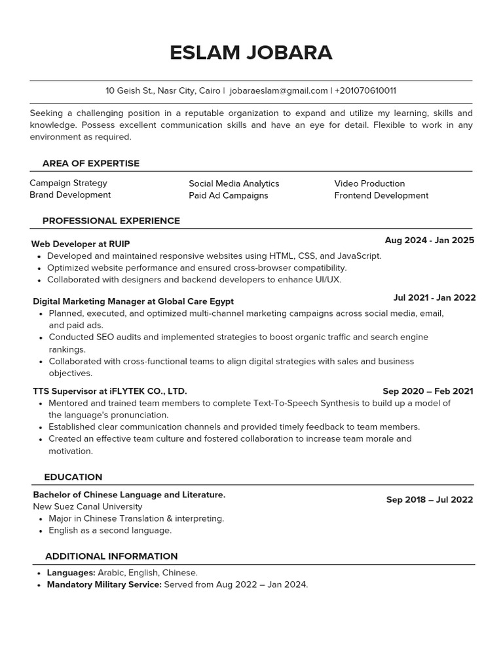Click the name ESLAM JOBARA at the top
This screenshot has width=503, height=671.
point(251,52)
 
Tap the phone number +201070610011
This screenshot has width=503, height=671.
point(365,90)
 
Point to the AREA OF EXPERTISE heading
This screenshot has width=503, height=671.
point(91,163)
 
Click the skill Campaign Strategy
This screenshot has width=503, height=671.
point(68,183)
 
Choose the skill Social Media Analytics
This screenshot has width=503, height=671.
point(234,183)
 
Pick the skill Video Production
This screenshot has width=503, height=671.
point(369,183)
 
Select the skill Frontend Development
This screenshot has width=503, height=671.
point(381,195)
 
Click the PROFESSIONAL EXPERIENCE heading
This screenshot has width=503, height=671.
point(111,221)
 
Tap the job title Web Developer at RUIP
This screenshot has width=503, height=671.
point(77,244)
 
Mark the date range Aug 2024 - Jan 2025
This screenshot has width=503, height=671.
point(429,240)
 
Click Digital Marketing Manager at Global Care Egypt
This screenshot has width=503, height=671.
point(133,301)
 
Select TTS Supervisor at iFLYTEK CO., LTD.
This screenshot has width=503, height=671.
point(110,391)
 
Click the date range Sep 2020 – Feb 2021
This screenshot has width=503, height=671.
point(428,391)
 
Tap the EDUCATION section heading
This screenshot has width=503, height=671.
point(73,477)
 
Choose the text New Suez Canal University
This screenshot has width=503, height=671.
point(87,507)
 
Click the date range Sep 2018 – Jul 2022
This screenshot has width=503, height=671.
point(429,499)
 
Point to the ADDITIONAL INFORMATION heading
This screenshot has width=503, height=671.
point(111,556)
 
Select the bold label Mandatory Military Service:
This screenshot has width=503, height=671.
point(104,585)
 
